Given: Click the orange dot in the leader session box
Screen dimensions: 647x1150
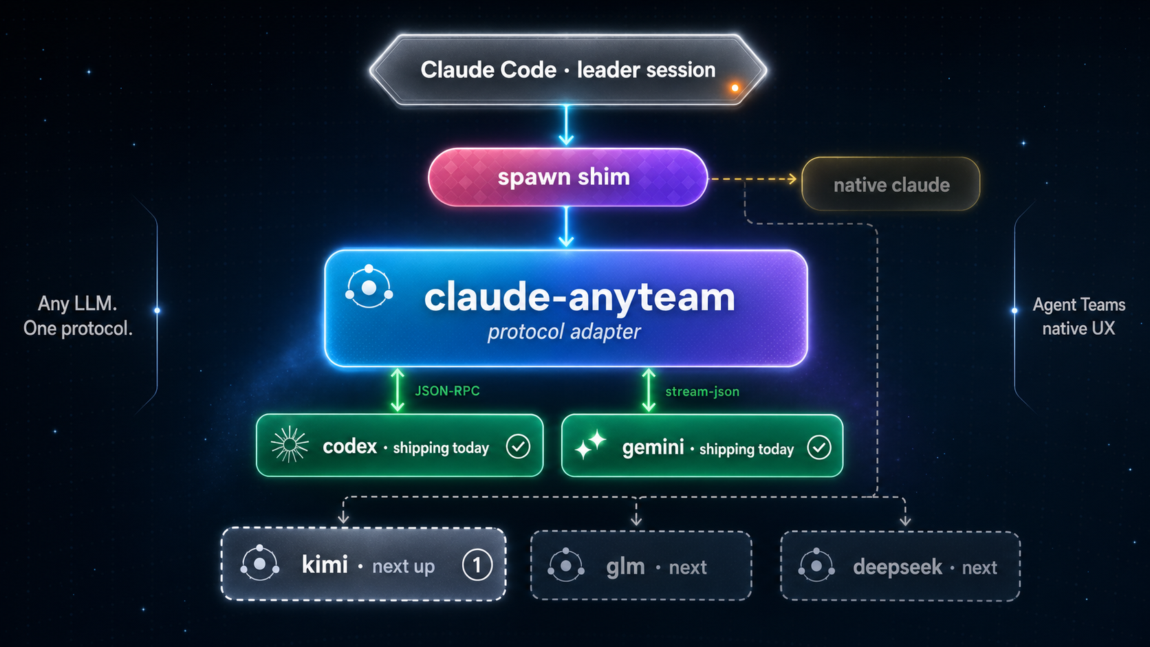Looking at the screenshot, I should point(735,87).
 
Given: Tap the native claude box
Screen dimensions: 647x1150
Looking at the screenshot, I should point(891,184).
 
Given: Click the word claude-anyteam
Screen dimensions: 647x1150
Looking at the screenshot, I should point(579,297).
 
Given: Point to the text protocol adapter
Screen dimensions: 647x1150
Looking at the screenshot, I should point(564,332).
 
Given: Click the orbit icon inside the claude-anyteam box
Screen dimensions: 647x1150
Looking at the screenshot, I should point(369,287).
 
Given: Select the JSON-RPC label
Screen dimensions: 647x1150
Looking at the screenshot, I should point(447,391).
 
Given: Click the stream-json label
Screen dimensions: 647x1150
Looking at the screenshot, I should point(702,391).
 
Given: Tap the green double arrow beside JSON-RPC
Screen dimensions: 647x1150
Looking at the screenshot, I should point(397,390).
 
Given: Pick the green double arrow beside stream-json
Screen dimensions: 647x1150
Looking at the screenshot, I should point(649,390).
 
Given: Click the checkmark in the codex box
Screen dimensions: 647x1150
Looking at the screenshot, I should point(518,446).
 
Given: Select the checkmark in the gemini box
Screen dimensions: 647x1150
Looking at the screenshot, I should point(818,448).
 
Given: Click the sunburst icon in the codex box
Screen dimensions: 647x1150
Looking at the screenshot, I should point(290,445).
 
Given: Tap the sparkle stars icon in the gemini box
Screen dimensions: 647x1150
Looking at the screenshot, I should point(590,444).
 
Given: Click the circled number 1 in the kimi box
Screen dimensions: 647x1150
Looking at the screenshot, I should point(477,565).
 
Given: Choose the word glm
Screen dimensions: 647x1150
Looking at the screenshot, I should point(625,567).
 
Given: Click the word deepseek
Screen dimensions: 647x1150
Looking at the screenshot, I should point(897,567).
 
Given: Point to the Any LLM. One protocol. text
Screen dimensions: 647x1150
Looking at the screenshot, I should point(78,316).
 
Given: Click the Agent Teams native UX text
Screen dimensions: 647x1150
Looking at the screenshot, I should point(1078,316).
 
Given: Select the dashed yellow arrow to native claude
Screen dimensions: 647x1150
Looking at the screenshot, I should point(753,179).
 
